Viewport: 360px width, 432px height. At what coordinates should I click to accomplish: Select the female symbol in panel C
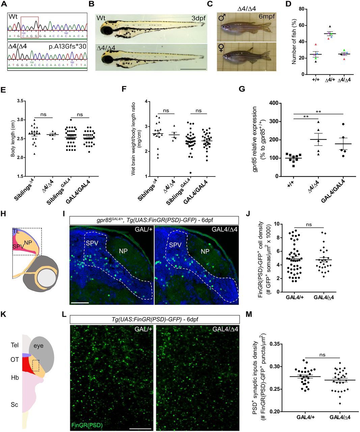(222, 49)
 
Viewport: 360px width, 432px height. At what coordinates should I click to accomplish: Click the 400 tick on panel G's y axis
(266, 103)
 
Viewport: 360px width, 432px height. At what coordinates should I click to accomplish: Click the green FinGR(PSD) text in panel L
(87, 425)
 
